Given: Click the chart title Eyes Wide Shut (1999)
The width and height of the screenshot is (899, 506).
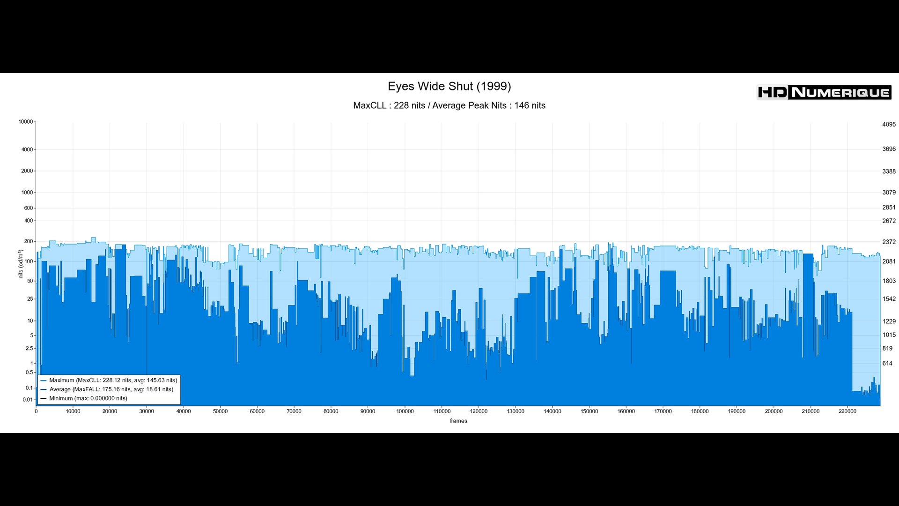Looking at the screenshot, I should point(449,86).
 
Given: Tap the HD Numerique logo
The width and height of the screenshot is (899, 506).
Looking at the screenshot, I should point(824,92).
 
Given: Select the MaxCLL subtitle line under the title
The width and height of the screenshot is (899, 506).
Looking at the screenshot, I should point(449,105).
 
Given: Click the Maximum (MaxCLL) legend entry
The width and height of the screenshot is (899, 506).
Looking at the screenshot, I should point(113,380).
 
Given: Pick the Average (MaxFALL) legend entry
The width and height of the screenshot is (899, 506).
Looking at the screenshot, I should point(111,389).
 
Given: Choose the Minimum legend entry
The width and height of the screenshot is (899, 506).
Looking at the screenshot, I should point(88,398).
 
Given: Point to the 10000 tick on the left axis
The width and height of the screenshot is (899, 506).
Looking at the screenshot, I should point(26,122).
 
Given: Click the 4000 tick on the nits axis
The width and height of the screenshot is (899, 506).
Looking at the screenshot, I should point(27,150).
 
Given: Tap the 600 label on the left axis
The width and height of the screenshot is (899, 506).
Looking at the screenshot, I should point(29,208).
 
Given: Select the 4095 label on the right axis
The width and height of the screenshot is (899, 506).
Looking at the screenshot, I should point(889,125).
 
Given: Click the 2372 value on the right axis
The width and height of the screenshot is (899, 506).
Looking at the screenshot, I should point(889,242).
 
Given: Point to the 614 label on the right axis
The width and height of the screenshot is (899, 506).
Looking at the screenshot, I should point(887,364).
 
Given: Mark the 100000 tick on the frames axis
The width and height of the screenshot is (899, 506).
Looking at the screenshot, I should point(405,411).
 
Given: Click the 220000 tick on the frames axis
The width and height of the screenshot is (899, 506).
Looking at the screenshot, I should point(847,411).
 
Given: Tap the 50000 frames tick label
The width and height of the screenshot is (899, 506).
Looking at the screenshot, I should point(220,411).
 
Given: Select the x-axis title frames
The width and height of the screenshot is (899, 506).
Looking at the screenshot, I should point(458,421).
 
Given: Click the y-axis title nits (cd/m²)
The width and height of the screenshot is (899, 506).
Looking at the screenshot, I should point(21,264).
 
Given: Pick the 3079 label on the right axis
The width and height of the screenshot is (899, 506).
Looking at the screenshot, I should point(889,193).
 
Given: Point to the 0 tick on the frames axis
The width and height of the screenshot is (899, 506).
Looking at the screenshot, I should point(36,411).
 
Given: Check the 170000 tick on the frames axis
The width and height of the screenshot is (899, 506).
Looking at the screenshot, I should point(663,411).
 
